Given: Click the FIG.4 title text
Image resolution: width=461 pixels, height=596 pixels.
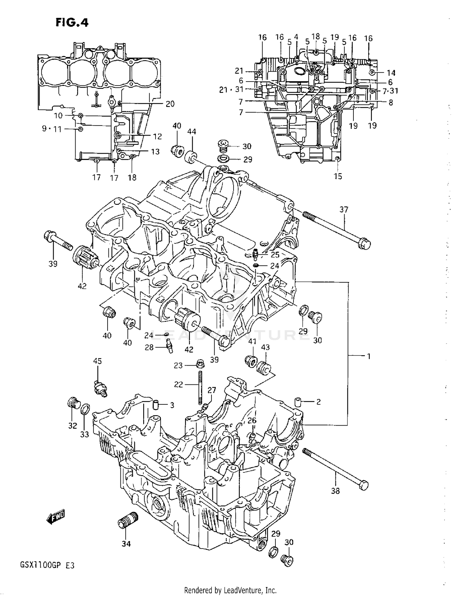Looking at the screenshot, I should click(x=72, y=22).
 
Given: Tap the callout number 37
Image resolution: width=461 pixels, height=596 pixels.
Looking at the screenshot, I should click(x=344, y=210).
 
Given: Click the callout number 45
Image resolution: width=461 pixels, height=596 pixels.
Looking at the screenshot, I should click(x=97, y=361).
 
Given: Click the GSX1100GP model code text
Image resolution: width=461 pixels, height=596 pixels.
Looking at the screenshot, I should click(x=41, y=565).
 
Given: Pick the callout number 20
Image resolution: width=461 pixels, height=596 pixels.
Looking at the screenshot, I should click(x=170, y=104).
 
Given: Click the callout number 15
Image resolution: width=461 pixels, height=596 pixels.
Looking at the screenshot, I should click(x=338, y=177).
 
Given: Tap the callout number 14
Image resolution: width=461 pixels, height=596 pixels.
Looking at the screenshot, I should click(x=391, y=73).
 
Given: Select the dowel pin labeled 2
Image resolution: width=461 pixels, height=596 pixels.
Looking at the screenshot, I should click(x=297, y=401).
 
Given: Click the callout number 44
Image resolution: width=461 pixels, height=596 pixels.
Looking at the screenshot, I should click(x=192, y=132).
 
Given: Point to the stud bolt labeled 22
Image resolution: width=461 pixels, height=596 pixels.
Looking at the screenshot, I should click(x=200, y=387).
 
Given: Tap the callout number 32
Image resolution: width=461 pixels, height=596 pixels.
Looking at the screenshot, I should click(x=73, y=426).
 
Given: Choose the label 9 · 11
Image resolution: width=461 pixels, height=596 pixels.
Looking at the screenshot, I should click(x=52, y=129).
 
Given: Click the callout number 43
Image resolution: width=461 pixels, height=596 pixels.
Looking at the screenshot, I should click(x=265, y=347).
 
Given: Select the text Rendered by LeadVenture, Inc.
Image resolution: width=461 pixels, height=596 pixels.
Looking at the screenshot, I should click(x=230, y=590).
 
